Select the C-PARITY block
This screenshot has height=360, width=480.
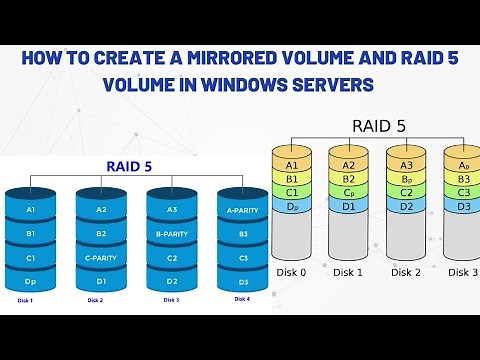point(101,258)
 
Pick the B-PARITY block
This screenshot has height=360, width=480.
point(172,235)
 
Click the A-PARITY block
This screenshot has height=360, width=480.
point(243,211)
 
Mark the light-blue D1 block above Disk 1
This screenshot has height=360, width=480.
point(348,206)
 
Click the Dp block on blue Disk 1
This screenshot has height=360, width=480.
point(31,282)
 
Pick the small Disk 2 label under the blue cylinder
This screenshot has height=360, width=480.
point(96,300)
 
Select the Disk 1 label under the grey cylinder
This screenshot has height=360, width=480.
point(350,271)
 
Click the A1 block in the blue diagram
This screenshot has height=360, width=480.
point(31,211)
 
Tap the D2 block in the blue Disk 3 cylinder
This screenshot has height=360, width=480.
point(172,282)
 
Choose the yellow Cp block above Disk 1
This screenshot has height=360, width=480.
point(348,192)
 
